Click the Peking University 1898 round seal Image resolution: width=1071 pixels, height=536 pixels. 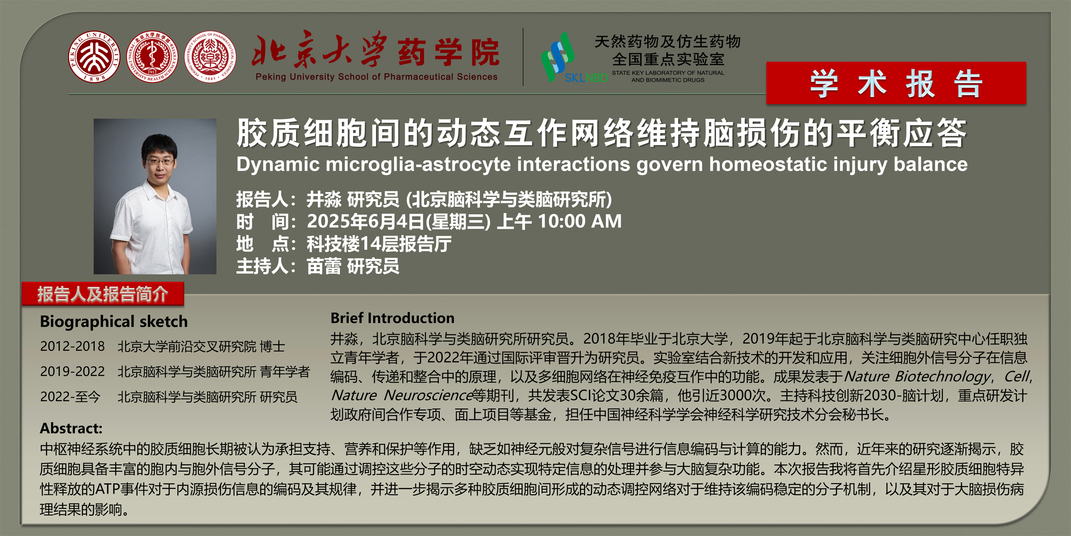pyautogui.click(x=94, y=56)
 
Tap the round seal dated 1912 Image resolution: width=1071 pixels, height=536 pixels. pyautogui.click(x=152, y=56)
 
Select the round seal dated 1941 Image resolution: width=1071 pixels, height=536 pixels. pyautogui.click(x=210, y=56)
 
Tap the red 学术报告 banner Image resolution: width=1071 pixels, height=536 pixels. pyautogui.click(x=896, y=83)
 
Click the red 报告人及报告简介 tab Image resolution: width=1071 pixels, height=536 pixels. pyautogui.click(x=103, y=294)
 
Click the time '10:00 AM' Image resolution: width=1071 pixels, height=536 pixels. pyautogui.click(x=580, y=221)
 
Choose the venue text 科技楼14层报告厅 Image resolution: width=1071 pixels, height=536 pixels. pyautogui.click(x=379, y=244)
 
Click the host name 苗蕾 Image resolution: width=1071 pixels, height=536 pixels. pyautogui.click(x=324, y=266)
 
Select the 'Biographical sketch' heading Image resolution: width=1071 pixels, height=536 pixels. pyautogui.click(x=114, y=322)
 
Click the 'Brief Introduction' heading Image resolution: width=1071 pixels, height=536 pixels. pyautogui.click(x=392, y=318)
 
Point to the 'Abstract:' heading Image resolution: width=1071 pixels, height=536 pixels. pyautogui.click(x=71, y=428)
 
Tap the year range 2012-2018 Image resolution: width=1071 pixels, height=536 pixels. pyautogui.click(x=72, y=346)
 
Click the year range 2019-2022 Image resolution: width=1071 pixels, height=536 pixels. pyautogui.click(x=72, y=371)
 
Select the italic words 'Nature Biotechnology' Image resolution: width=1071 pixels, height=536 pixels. pyautogui.click(x=918, y=376)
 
